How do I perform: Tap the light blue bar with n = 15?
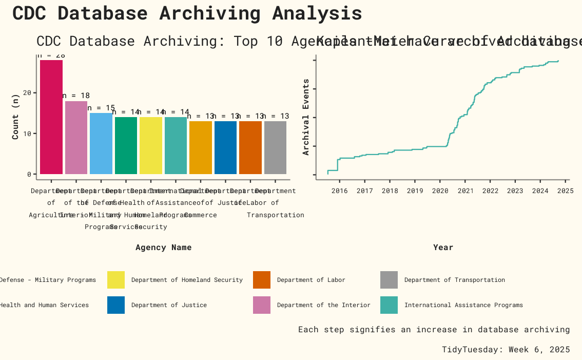[x=101, y=143]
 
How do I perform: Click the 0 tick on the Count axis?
[x=30, y=174]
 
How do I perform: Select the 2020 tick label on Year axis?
[x=440, y=192]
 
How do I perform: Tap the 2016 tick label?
[x=339, y=192]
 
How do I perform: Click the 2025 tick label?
[x=565, y=192]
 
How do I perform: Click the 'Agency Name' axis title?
[x=163, y=248]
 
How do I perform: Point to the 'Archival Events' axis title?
[x=306, y=117]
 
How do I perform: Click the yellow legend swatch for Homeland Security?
[x=116, y=280]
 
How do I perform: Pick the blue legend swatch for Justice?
[x=116, y=305]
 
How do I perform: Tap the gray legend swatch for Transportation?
[x=389, y=280]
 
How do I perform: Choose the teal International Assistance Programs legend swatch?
[x=389, y=305]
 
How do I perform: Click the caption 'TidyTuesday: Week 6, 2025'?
[x=506, y=349]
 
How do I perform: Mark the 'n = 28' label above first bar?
[x=51, y=55]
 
